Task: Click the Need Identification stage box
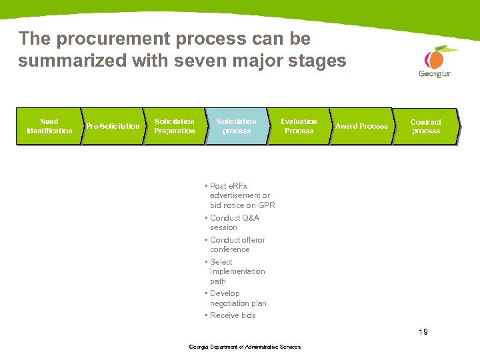point(49,126)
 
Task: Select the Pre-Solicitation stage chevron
point(112,126)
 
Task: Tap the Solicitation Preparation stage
point(174,126)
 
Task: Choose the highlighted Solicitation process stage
point(236,126)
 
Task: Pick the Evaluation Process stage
point(299,126)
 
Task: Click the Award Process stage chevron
point(361,126)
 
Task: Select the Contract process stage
point(425,126)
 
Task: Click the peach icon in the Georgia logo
point(436,57)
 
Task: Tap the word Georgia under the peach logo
point(435,74)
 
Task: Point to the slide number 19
point(423,331)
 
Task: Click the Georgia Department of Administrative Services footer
point(245,347)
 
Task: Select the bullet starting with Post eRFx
point(241,195)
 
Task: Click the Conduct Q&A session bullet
point(234,223)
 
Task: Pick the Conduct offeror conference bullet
point(237,245)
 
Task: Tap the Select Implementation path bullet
point(237,271)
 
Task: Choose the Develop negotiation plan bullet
point(237,298)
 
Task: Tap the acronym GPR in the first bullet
point(267,205)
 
